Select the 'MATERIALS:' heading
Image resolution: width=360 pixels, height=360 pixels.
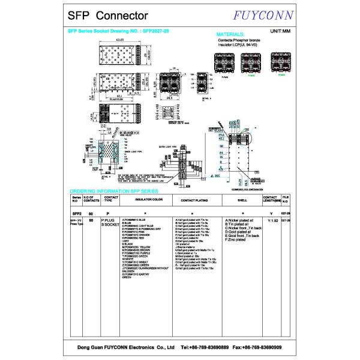point(230,35)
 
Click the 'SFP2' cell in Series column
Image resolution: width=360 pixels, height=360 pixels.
point(76,213)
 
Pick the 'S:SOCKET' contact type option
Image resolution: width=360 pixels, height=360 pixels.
point(112,225)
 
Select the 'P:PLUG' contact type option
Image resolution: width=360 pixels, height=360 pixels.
point(110,221)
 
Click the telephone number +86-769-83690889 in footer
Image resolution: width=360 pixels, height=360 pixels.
point(203,347)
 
